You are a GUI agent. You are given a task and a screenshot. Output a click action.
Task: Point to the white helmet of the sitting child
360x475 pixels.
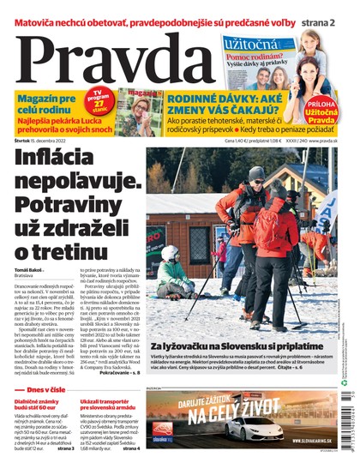170,255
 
